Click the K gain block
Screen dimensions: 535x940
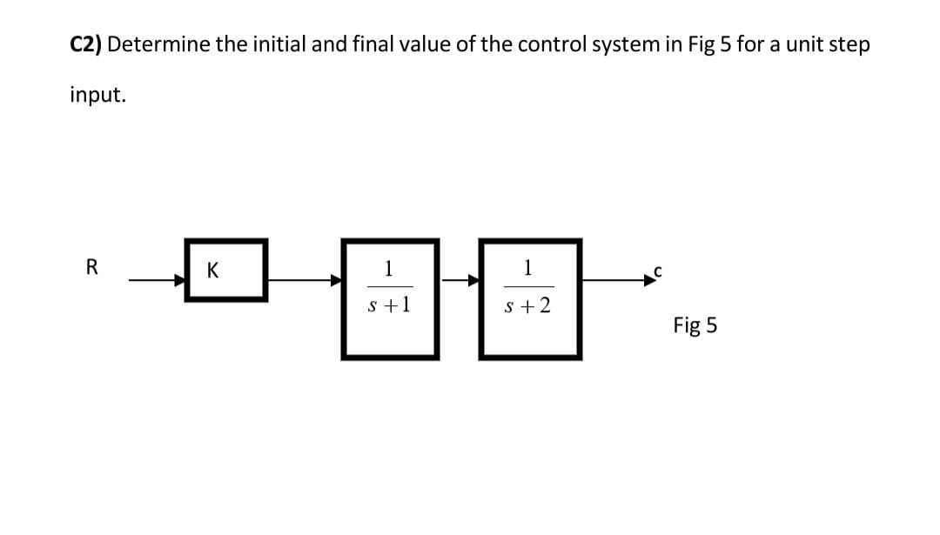pyautogui.click(x=226, y=271)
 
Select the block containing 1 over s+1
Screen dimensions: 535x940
pyautogui.click(x=389, y=298)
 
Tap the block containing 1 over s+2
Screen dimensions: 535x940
pyautogui.click(x=528, y=298)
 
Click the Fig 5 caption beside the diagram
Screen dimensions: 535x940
pyautogui.click(x=695, y=325)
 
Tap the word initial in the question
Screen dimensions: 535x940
pyautogui.click(x=275, y=45)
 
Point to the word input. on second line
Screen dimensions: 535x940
pyautogui.click(x=97, y=95)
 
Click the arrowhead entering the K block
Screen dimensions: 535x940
pyautogui.click(x=180, y=280)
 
